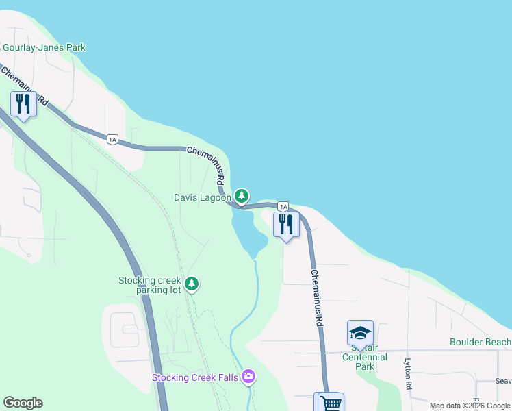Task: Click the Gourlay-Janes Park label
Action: pos(44,48)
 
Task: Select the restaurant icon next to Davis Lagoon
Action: pos(286,225)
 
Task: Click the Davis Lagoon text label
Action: pos(202,198)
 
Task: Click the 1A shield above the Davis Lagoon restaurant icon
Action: pos(283,206)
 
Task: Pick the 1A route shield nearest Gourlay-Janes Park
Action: pos(113,140)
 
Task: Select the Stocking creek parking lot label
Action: pos(149,285)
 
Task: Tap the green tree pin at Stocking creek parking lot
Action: pos(192,284)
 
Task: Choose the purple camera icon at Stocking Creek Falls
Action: pos(248,376)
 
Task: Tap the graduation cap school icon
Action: pos(360,333)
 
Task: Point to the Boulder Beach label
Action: pos(480,342)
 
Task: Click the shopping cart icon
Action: pos(329,402)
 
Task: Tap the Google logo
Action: pos(23,403)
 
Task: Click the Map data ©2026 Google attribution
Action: pos(470,406)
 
